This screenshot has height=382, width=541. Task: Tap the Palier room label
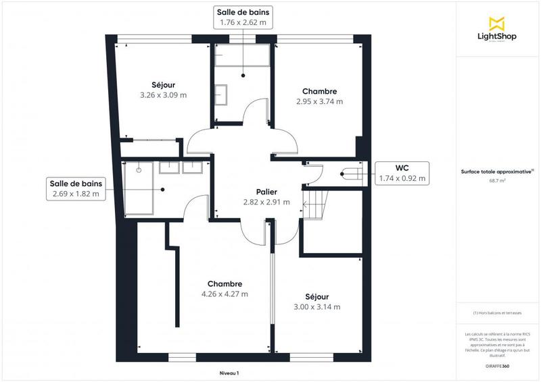pos(266,192)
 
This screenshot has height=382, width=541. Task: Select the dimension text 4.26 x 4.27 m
pos(225,294)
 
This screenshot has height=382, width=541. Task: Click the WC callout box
pos(402,173)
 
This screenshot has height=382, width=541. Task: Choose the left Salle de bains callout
pos(75,189)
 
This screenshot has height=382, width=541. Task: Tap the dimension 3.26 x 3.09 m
pos(163,95)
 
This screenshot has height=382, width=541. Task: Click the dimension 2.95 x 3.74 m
pos(319,102)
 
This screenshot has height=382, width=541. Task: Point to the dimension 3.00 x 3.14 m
pos(316,307)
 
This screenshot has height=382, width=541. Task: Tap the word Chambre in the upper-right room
pos(319,91)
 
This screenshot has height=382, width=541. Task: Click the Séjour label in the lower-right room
pos(316,296)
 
